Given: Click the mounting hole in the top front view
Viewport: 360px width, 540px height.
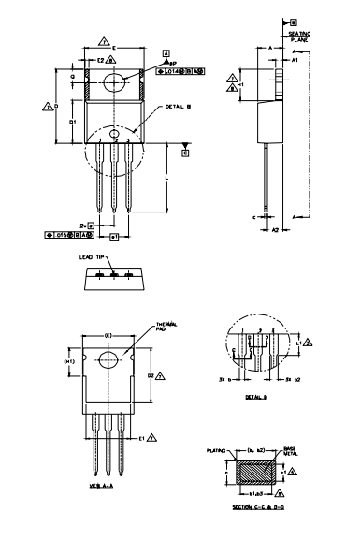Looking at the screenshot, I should click(x=115, y=82).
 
